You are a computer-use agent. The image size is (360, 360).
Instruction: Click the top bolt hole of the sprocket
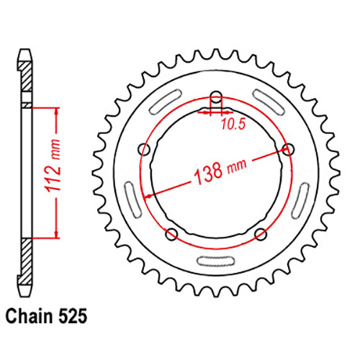tap(215, 99)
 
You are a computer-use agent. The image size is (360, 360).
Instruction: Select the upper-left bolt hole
tap(145, 150)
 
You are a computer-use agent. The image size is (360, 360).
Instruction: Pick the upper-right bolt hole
tap(289, 150)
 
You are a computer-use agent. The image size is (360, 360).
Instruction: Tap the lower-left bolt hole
tap(171, 233)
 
